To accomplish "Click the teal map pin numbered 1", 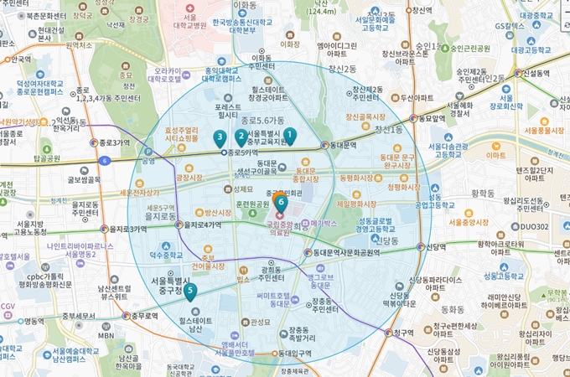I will [290, 134].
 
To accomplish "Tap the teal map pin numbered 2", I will [241, 136].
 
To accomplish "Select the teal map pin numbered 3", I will [220, 137].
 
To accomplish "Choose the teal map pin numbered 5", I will [191, 292].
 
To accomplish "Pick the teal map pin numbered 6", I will [281, 202].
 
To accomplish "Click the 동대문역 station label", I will [341, 145].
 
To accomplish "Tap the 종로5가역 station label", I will [244, 152].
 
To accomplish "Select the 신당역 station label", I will [433, 247].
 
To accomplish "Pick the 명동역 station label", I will [34, 320].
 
